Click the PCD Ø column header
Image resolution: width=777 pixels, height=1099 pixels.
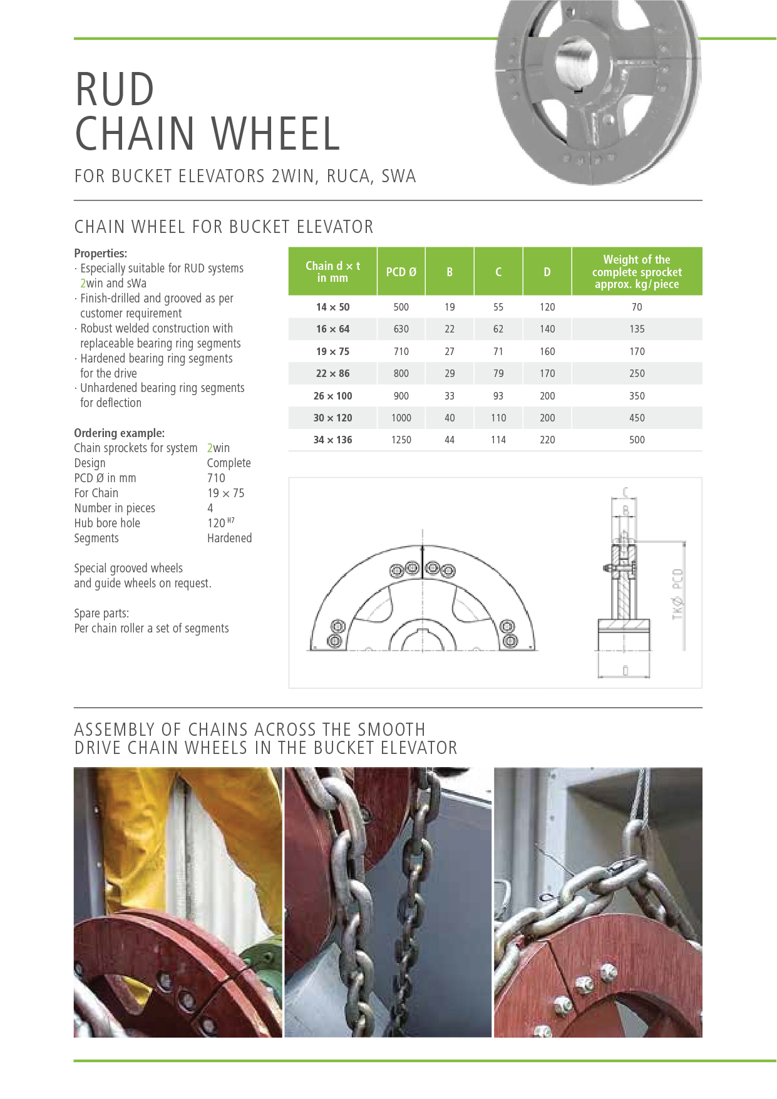pyautogui.click(x=401, y=272)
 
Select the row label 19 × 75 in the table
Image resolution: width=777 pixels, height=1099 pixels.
pyautogui.click(x=332, y=351)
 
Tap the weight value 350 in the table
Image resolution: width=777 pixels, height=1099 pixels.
pyautogui.click(x=636, y=396)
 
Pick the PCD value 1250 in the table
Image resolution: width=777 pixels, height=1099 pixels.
pyautogui.click(x=401, y=440)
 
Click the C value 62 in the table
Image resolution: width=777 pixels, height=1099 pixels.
pyautogui.click(x=498, y=329)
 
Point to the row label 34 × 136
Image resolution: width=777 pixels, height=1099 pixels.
pyautogui.click(x=332, y=440)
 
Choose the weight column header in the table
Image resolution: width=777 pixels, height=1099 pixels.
pyautogui.click(x=636, y=272)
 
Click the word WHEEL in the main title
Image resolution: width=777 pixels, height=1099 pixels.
pyautogui.click(x=275, y=134)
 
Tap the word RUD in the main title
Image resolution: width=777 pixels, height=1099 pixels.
pyautogui.click(x=115, y=90)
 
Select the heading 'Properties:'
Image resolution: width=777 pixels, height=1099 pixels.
pyautogui.click(x=100, y=253)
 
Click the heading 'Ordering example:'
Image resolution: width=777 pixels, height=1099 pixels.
pyautogui.click(x=119, y=433)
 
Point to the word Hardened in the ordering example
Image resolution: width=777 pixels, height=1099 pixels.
pyautogui.click(x=229, y=538)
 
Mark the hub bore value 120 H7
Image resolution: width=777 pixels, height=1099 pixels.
pyautogui.click(x=220, y=523)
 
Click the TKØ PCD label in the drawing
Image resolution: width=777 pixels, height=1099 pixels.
pyautogui.click(x=677, y=594)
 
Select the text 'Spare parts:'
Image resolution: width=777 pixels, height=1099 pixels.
pyautogui.click(x=101, y=613)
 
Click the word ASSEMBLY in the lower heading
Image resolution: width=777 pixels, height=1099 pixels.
pyautogui.click(x=115, y=730)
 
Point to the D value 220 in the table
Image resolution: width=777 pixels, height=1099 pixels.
pyautogui.click(x=547, y=440)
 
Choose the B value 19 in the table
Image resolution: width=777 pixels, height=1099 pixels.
pyautogui.click(x=450, y=307)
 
